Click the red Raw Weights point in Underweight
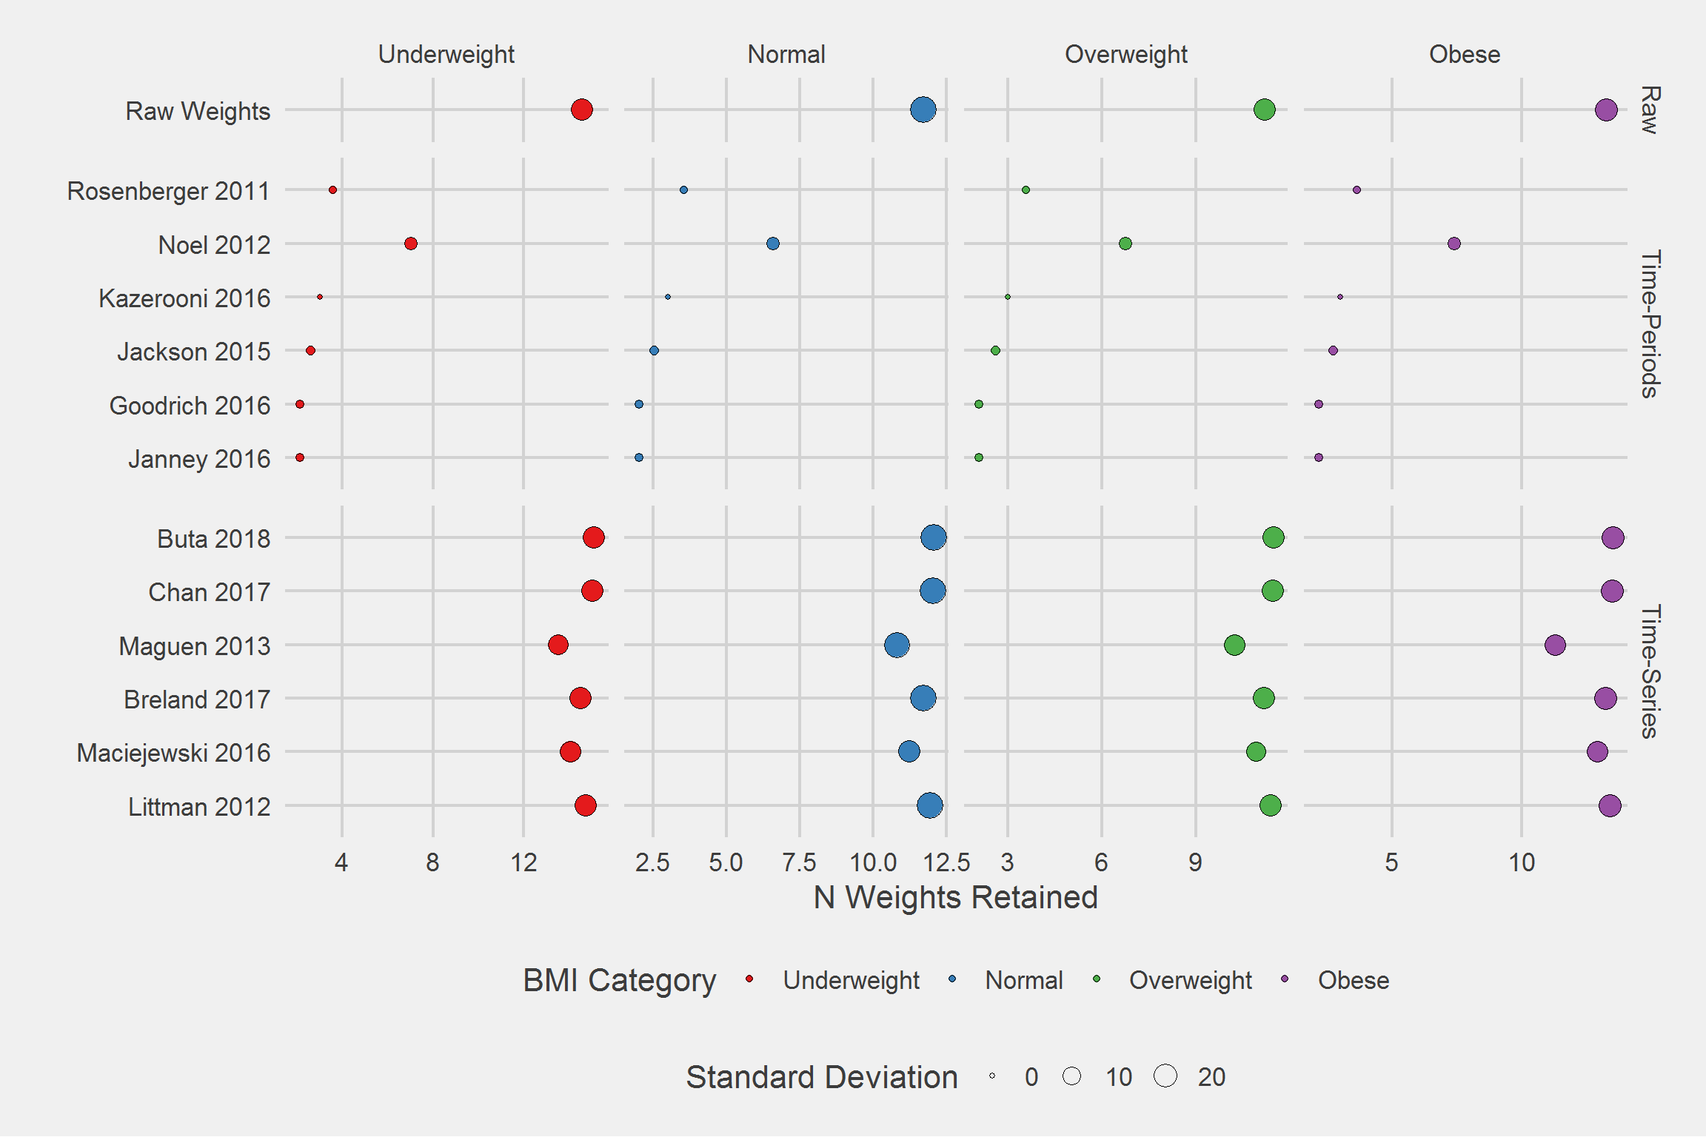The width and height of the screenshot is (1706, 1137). [x=582, y=110]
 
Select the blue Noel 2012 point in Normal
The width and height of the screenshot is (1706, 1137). [x=773, y=244]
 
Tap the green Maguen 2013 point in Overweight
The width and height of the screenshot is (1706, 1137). [x=1234, y=645]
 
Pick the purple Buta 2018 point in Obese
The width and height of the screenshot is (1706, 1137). [x=1613, y=537]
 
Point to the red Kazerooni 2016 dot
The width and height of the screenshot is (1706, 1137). [x=320, y=297]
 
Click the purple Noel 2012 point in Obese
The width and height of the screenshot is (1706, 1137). [x=1454, y=244]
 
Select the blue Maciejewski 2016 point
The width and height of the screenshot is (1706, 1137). [x=909, y=751]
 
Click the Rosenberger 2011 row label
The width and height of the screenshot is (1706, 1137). [x=169, y=191]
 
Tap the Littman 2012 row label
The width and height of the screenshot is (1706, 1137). [x=199, y=806]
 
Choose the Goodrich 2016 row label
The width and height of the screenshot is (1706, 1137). [x=190, y=406]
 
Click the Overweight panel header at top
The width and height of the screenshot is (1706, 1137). [x=1125, y=54]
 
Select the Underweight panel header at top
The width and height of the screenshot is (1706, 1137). [x=446, y=54]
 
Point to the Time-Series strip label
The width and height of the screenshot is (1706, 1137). [x=1650, y=671]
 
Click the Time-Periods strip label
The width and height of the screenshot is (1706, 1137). [x=1650, y=324]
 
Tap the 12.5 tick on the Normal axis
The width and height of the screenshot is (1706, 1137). [x=946, y=862]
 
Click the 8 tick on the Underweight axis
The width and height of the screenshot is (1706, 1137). [x=432, y=862]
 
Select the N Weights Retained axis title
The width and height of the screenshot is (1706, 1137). [x=955, y=897]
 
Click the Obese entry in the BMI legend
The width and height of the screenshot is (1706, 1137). [x=1353, y=980]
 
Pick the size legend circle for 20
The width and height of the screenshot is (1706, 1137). [x=1165, y=1076]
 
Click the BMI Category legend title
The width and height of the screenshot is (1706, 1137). [x=619, y=980]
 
